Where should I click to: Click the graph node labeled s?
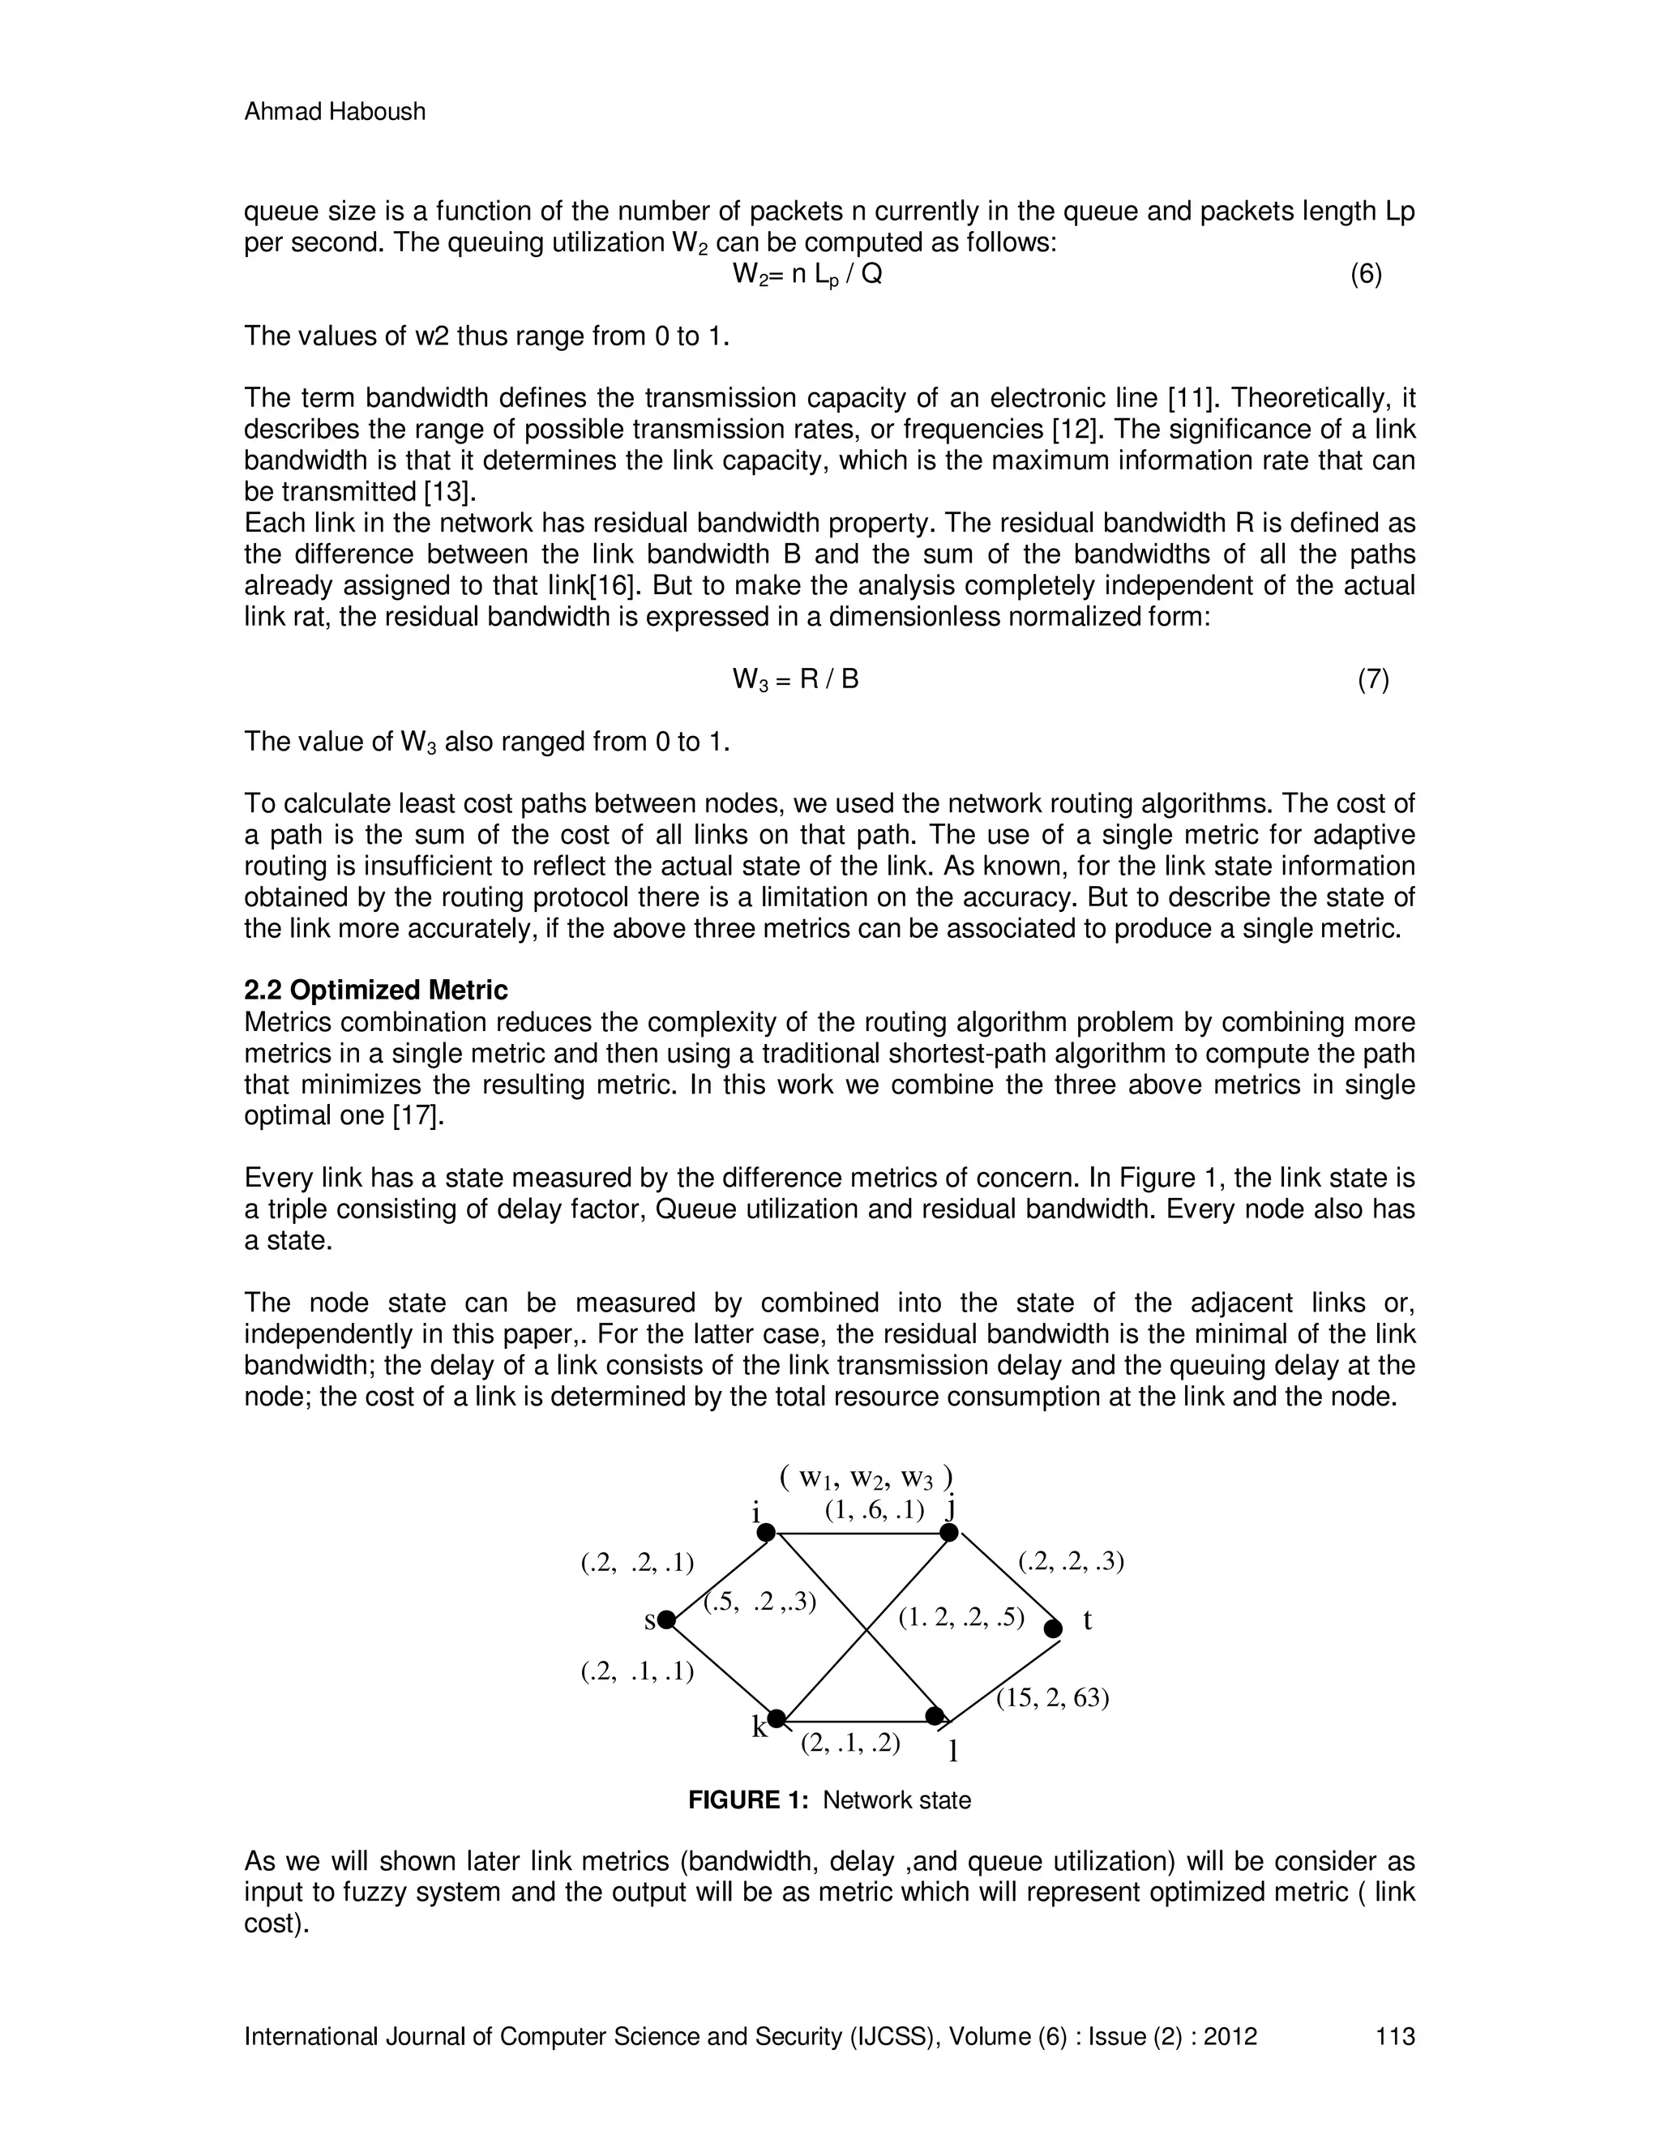point(667,1620)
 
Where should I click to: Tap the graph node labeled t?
point(1053,1628)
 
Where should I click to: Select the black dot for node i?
point(766,1531)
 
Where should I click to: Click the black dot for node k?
point(776,1718)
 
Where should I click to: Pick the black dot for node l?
point(935,1716)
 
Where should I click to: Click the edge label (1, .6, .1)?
point(875,1511)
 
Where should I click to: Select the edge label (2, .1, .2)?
point(850,1743)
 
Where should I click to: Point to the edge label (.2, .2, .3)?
point(1071,1561)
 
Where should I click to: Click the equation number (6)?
point(1366,276)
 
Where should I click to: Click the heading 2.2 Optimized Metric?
point(375,990)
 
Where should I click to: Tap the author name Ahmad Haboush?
point(335,112)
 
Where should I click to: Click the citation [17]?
point(419,1116)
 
